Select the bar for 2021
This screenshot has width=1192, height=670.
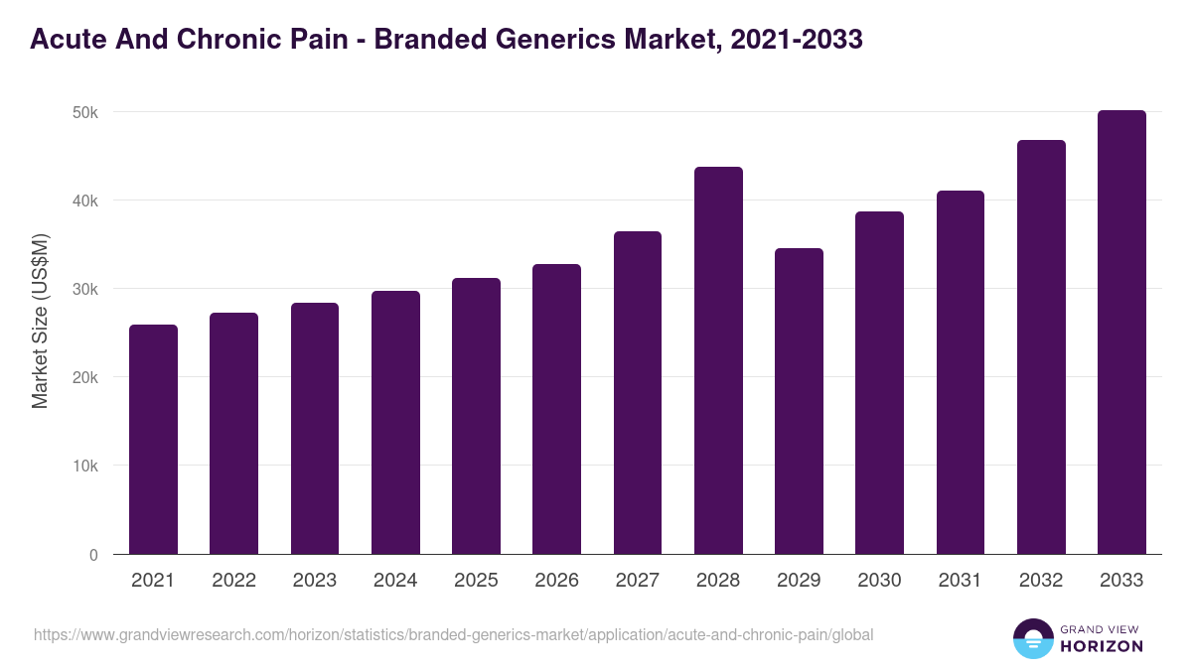click(153, 440)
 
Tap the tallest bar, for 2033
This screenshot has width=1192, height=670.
click(1121, 333)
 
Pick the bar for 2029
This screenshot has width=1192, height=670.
click(799, 401)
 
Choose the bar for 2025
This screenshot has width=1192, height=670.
click(476, 416)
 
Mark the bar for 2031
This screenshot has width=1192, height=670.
click(960, 372)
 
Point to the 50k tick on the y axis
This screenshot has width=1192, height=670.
click(85, 112)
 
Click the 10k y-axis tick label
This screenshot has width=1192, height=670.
click(85, 467)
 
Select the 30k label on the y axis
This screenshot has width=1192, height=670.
click(85, 290)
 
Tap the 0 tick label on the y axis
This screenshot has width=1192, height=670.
click(93, 555)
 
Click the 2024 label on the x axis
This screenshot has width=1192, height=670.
click(395, 581)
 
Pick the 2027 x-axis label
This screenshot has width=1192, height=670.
click(638, 581)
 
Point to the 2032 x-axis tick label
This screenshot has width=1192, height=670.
click(1041, 581)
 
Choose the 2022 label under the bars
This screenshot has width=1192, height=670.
click(233, 581)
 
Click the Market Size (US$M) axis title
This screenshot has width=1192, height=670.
click(40, 321)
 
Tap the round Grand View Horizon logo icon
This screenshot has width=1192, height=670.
click(1032, 638)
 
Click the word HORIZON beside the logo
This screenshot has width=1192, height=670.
click(1102, 646)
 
